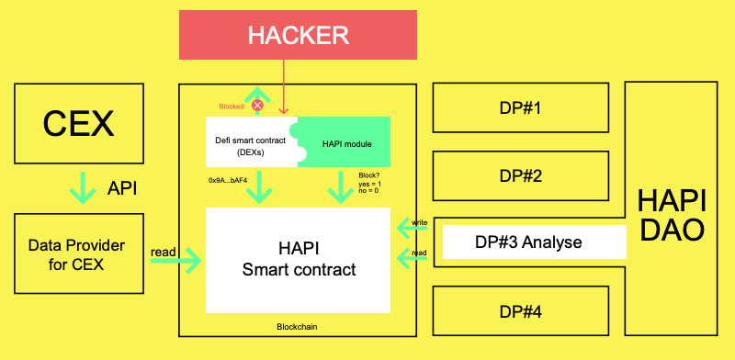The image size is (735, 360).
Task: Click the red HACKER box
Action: (x=299, y=37)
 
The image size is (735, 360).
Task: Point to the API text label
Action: (x=120, y=188)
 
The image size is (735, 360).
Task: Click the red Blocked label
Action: (x=232, y=107)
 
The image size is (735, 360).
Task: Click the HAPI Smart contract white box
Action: (x=298, y=259)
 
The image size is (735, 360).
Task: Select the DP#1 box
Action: (x=520, y=109)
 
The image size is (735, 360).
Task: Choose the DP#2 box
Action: (x=520, y=175)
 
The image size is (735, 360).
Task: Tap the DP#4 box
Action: (x=520, y=310)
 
